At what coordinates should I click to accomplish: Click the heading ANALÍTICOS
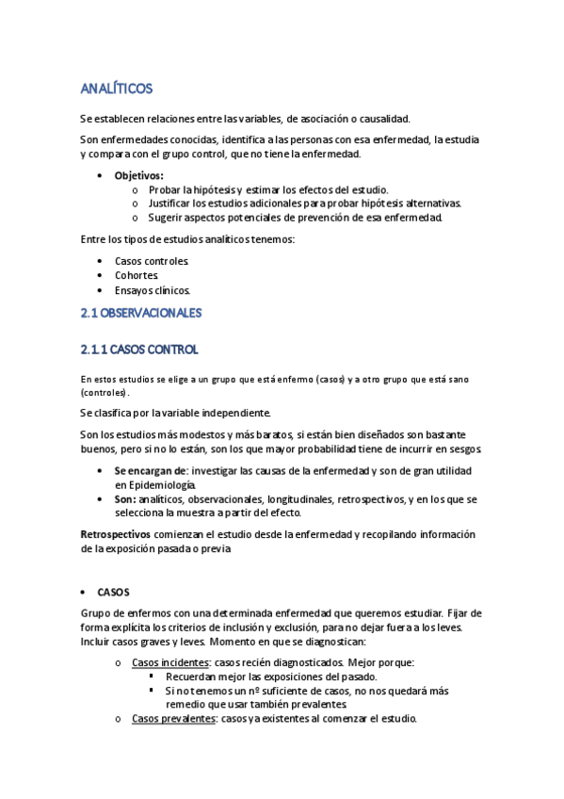(x=117, y=89)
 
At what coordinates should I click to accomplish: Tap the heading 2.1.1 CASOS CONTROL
(x=139, y=350)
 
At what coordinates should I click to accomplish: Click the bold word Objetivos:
(x=138, y=175)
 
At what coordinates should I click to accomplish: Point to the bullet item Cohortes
(x=137, y=275)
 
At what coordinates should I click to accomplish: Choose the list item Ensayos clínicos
(x=153, y=290)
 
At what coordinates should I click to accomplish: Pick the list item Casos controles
(x=152, y=260)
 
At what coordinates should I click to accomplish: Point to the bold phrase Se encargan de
(x=150, y=470)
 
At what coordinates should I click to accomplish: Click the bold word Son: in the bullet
(x=127, y=498)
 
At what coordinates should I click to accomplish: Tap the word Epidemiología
(x=156, y=484)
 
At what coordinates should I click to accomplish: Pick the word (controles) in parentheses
(x=104, y=391)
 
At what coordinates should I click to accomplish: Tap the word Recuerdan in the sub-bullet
(x=193, y=676)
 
